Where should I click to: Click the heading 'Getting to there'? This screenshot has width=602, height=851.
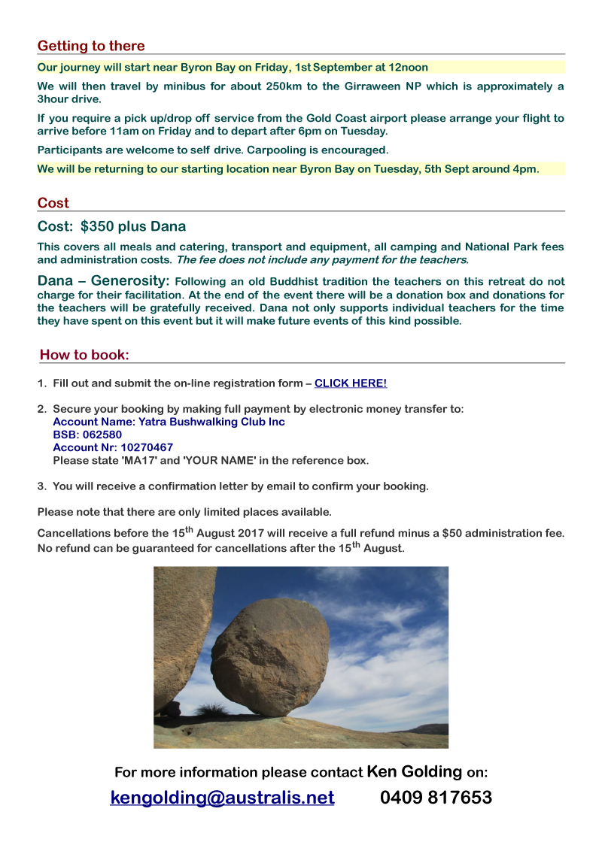tap(91, 46)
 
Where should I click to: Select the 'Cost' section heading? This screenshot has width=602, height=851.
tap(53, 203)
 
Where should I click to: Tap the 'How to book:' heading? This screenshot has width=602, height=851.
tap(84, 355)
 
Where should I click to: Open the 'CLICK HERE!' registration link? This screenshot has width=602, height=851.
tap(351, 383)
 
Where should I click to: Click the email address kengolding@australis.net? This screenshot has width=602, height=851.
tap(222, 798)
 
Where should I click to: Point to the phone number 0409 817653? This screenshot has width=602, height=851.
tap(436, 798)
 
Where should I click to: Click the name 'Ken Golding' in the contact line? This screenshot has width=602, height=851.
tap(414, 771)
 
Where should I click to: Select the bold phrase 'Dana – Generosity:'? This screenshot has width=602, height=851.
tap(105, 280)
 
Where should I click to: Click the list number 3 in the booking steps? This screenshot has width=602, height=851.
tap(41, 486)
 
